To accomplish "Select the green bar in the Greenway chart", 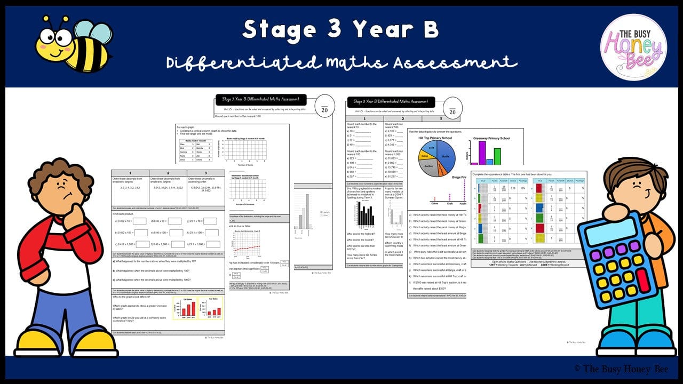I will click(497, 156).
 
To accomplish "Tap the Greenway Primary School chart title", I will click(491, 139).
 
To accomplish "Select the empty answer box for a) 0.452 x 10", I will click(139, 221).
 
